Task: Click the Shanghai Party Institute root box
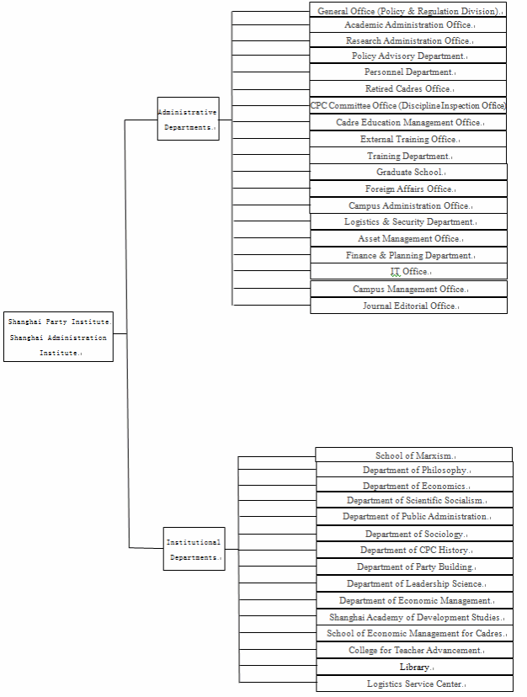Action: pos(58,337)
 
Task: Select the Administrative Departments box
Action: pos(188,119)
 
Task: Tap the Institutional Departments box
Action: pos(194,549)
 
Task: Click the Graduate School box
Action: pos(409,172)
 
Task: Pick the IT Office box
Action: pos(409,271)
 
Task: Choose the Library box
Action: pos(414,667)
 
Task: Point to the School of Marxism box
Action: pos(414,455)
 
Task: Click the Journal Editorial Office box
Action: pos(409,306)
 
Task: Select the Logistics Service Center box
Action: pos(414,684)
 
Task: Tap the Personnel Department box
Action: pos(409,72)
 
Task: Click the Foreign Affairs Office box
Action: pos(409,189)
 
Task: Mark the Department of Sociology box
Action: pos(414,534)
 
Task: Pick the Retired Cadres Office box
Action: pos(409,88)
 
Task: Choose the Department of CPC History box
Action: pos(414,550)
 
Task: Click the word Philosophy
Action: pos(442,470)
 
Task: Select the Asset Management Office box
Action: pos(409,238)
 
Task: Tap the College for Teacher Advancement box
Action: pos(414,650)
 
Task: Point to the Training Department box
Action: pos(409,156)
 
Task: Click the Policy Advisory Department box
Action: pos(409,56)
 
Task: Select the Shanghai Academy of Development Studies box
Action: pos(414,617)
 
